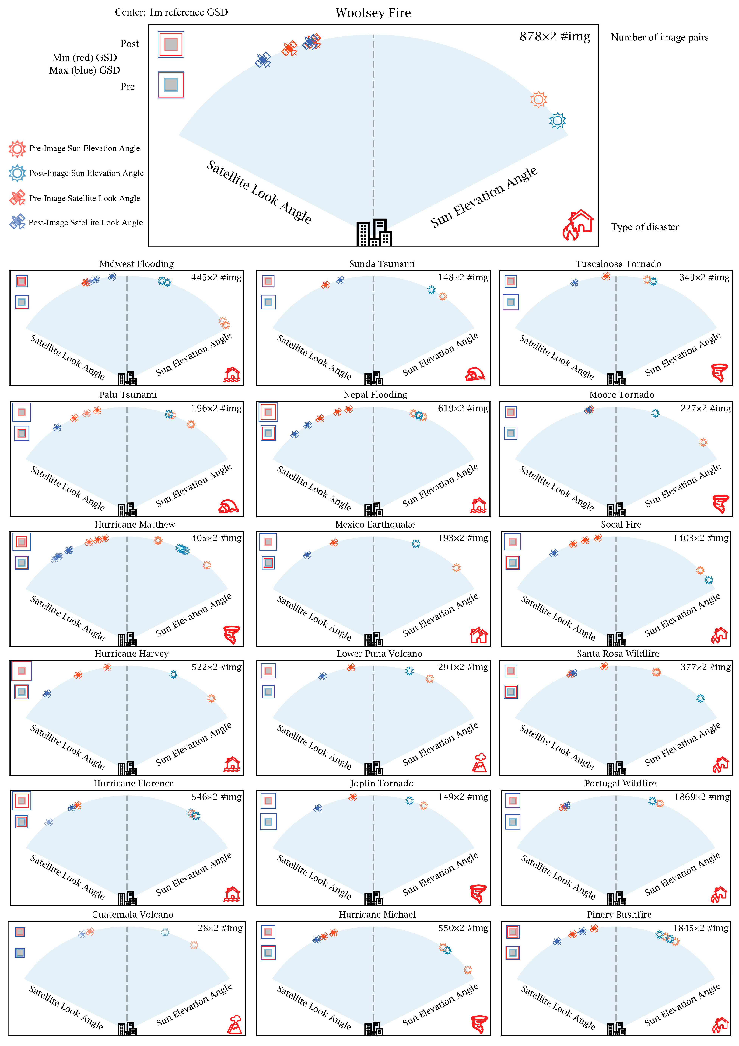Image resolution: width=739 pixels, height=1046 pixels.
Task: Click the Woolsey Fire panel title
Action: pyautogui.click(x=373, y=13)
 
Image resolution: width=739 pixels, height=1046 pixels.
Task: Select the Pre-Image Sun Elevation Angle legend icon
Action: pyautogui.click(x=17, y=148)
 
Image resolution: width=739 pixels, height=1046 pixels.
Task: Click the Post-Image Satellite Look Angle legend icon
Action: pyautogui.click(x=17, y=222)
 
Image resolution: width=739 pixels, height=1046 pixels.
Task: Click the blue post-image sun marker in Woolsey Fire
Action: pyautogui.click(x=557, y=121)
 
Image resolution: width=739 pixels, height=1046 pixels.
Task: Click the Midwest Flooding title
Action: pyautogui.click(x=137, y=264)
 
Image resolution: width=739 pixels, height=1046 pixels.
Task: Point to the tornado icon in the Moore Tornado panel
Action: pyautogui.click(x=720, y=504)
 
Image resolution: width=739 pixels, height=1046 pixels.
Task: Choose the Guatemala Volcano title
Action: pyautogui.click(x=133, y=914)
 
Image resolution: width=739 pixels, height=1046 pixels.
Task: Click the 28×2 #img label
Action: pyautogui.click(x=220, y=928)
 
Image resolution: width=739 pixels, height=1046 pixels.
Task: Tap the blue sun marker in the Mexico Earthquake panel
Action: pyautogui.click(x=415, y=543)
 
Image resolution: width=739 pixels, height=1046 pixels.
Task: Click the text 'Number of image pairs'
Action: pyautogui.click(x=660, y=37)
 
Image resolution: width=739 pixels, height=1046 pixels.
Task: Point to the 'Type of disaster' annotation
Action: pyautogui.click(x=645, y=227)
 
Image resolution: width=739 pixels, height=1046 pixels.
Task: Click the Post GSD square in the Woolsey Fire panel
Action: pyautogui.click(x=171, y=45)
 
